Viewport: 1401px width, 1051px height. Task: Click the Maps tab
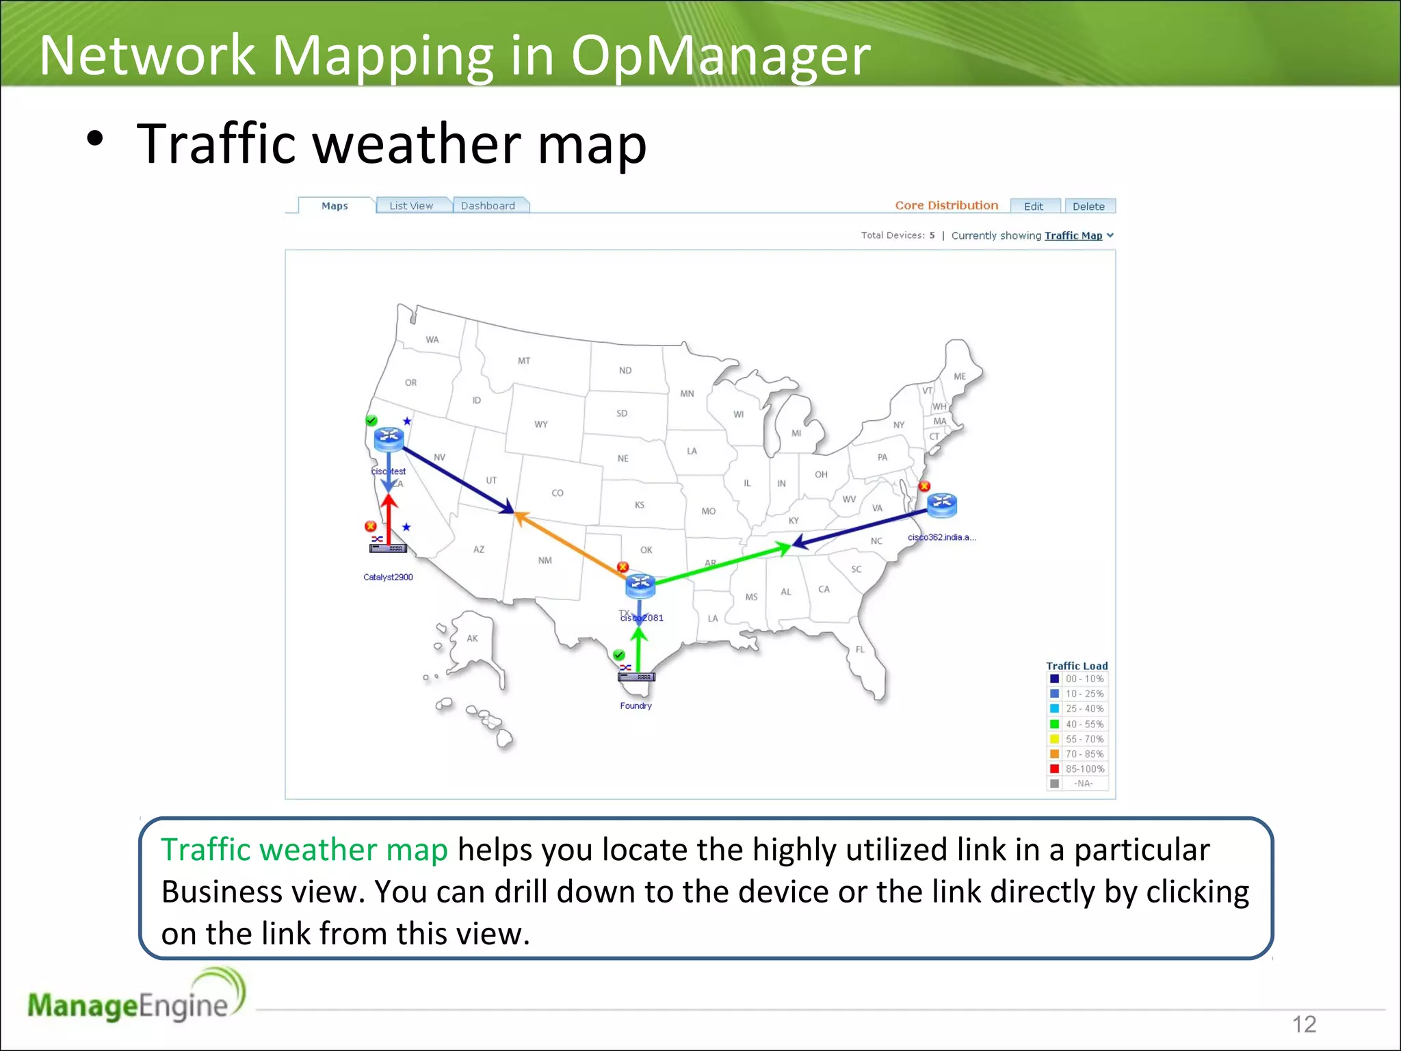335,206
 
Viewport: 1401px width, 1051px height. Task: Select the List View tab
411,206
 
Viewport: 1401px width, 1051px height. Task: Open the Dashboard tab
488,206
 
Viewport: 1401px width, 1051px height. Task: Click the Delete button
1088,207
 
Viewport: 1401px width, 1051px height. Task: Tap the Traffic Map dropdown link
1073,235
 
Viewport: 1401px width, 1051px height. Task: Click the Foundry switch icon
636,677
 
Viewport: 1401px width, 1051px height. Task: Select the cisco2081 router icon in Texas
640,585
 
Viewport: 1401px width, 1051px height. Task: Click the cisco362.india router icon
942,504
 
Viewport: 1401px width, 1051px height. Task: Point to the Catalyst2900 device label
388,578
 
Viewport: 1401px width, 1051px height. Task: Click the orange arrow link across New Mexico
568,541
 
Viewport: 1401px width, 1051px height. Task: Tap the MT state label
524,361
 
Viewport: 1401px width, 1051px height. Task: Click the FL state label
860,649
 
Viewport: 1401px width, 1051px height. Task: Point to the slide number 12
1304,1024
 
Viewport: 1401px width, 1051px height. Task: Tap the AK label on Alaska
473,638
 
